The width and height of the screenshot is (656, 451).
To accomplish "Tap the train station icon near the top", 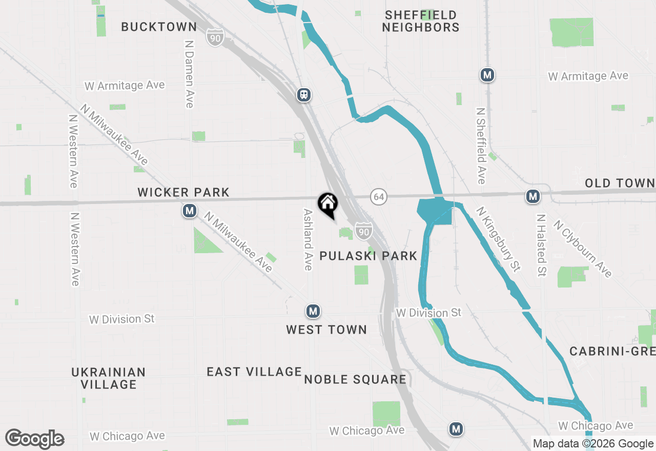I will click(x=304, y=95).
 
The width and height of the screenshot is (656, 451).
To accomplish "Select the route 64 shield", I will click(x=379, y=196).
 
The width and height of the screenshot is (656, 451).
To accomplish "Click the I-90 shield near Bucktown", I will click(x=216, y=37).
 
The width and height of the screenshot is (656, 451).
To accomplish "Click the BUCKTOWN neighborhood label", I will click(x=159, y=27).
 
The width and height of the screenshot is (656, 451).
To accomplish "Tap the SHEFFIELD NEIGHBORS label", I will click(x=421, y=21).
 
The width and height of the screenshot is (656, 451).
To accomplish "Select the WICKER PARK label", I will click(x=183, y=193).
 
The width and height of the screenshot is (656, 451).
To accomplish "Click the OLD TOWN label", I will click(x=620, y=183).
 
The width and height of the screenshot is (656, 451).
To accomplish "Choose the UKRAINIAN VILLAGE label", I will click(x=109, y=378).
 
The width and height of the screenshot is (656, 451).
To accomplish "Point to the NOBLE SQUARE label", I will click(x=355, y=380).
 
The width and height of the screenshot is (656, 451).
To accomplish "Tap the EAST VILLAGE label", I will click(x=254, y=372).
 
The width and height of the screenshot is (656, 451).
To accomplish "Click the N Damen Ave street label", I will click(x=190, y=74).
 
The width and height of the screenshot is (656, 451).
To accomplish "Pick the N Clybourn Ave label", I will click(x=583, y=249).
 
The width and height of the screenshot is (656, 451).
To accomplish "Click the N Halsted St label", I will click(x=541, y=245).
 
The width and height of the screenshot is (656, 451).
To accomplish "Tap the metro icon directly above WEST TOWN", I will click(x=313, y=311).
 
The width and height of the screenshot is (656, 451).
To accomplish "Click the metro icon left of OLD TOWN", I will click(x=533, y=196).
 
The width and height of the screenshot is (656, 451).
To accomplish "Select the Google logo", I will click(x=35, y=439).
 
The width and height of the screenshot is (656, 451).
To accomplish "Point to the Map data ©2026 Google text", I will click(x=593, y=444).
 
